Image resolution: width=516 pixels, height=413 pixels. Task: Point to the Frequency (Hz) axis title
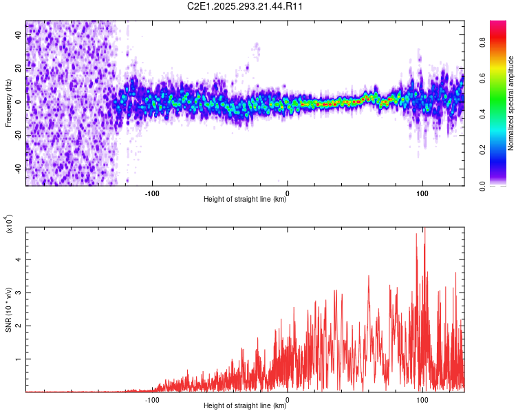click(8, 103)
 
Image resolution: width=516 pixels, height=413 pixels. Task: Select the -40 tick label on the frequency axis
click(19, 169)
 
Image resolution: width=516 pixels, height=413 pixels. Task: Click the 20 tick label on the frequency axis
click(19, 69)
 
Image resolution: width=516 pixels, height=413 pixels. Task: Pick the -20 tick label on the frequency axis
click(19, 136)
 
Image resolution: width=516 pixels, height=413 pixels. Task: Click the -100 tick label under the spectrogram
click(152, 192)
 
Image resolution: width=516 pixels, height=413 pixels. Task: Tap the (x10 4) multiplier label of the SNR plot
click(9, 224)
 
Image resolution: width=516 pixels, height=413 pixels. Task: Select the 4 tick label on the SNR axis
click(19, 259)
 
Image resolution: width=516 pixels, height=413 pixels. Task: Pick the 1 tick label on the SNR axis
click(19, 359)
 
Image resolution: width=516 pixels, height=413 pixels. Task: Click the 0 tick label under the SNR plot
click(287, 399)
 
